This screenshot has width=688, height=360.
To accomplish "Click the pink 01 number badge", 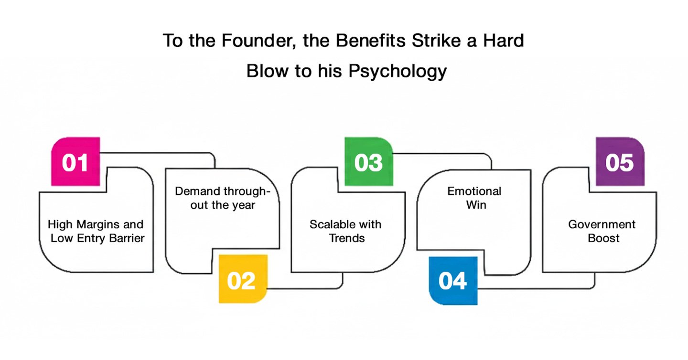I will [75, 161].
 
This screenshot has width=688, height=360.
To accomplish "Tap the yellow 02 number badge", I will [243, 279].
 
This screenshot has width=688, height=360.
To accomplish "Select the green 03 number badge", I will [368, 161].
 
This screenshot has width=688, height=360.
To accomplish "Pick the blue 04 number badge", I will [452, 281].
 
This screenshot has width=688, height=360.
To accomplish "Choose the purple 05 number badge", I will [620, 161].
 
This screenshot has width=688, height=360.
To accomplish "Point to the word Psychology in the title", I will [398, 71].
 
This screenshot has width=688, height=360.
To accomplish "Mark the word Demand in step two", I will [197, 191].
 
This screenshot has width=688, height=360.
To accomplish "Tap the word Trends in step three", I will [347, 238].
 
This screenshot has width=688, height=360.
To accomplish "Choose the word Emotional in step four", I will [474, 191].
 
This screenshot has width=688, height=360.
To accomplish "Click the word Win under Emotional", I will [474, 205].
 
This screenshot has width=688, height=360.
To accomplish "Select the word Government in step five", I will [602, 224].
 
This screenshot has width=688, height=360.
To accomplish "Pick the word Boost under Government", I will [603, 238].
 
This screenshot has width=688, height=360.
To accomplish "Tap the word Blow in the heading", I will [268, 71].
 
